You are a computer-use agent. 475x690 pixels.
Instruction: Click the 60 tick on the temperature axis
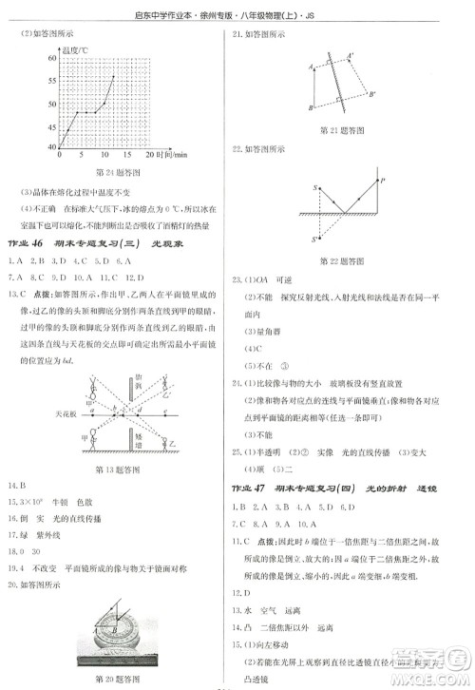click(50, 58)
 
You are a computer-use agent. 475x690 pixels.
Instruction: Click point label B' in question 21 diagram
click(371, 94)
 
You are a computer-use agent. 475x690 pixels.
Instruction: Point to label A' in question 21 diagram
click(351, 55)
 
